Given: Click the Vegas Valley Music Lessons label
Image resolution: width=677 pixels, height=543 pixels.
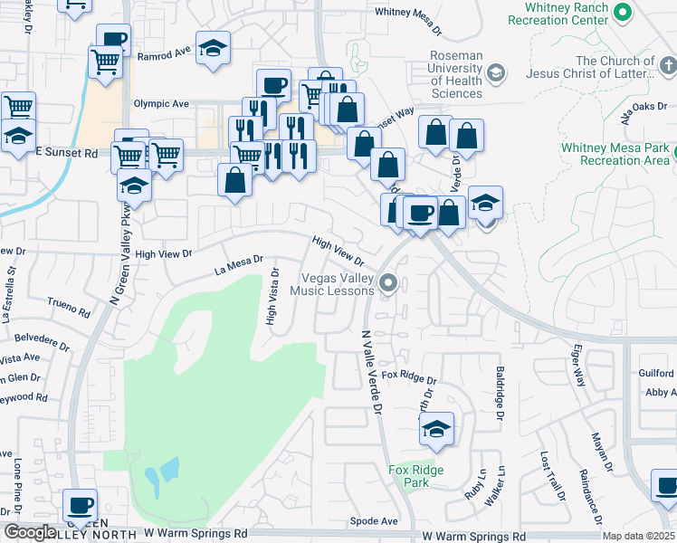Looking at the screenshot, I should pos(331,284).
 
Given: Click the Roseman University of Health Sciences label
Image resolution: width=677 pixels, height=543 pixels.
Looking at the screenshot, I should pos(456,74).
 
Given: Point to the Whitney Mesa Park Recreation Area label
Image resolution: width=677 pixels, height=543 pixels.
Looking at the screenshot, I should pos(615,154).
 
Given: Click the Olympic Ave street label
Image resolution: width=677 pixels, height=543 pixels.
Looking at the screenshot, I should pos(161,104).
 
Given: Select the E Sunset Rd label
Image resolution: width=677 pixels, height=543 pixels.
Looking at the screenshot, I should pos(65,154).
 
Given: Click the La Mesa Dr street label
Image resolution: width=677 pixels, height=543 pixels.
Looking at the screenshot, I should pos(237,264).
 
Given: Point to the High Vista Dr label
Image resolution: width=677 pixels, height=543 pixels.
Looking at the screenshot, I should pos(271,302).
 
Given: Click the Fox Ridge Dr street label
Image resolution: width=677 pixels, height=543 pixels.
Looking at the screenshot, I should pos(409,374).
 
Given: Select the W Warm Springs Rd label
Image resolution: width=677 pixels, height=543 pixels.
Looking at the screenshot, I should pos(473,537).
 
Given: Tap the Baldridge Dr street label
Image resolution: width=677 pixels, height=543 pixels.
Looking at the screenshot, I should pos(499,393).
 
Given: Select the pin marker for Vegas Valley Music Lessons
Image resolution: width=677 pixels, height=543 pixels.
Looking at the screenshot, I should pos(388,284).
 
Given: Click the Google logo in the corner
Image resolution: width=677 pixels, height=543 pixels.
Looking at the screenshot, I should pos(30,532).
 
